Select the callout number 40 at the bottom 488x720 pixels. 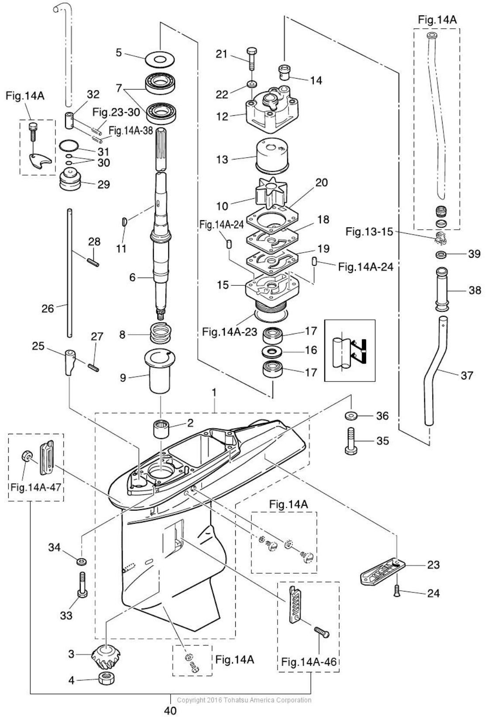pyautogui.click(x=170, y=710)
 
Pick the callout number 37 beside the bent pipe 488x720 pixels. pyautogui.click(x=467, y=375)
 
